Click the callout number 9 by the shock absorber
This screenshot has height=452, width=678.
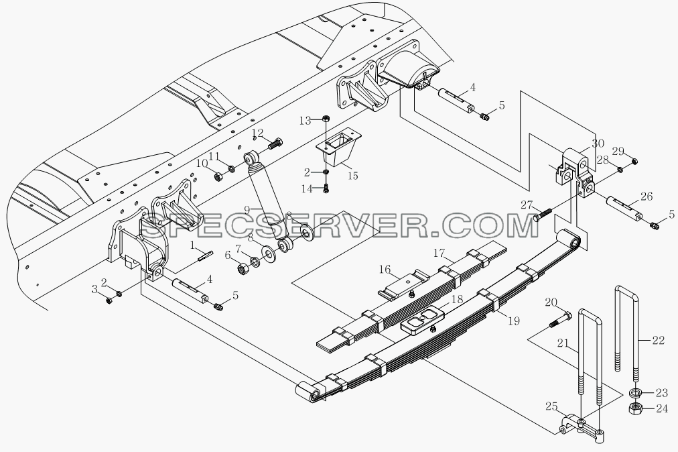point(247,211)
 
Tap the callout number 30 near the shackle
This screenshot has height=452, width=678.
point(598,144)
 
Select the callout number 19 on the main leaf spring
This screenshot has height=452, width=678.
point(514,321)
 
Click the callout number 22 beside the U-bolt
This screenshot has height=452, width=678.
point(658,340)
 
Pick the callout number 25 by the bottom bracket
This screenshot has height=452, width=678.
point(551,406)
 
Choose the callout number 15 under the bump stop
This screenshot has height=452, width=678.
point(353,175)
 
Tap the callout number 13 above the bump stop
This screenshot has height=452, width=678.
point(306,120)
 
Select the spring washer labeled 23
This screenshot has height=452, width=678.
point(634,393)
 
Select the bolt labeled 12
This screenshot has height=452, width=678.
point(275,143)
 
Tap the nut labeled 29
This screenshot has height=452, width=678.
point(634,162)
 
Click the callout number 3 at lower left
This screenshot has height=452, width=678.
point(94,290)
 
